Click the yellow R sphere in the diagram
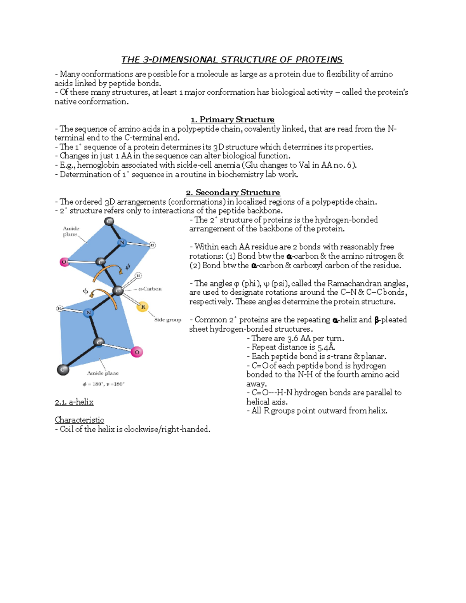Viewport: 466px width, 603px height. pos(143,307)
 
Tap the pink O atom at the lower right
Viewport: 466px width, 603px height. pos(137,352)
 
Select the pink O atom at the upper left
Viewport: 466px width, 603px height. pos(64,262)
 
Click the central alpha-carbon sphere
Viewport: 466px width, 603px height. pos(118,290)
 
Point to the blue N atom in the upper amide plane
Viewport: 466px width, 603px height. pos(122,243)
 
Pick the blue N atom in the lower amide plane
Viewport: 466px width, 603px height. pos(89,313)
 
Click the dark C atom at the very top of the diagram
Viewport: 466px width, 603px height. pos(109,221)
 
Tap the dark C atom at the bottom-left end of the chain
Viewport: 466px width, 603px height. pos(63,370)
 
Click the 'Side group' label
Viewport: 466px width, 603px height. pos(168,320)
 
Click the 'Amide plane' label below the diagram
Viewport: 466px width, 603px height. pos(103,373)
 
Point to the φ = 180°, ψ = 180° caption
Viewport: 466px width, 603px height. pos(103,384)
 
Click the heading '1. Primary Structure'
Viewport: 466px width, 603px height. pos(233,120)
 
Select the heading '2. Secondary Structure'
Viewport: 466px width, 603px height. pos(233,193)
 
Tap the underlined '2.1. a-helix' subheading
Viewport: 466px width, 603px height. pos(74,402)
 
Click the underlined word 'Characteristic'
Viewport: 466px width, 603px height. pos(79,420)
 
